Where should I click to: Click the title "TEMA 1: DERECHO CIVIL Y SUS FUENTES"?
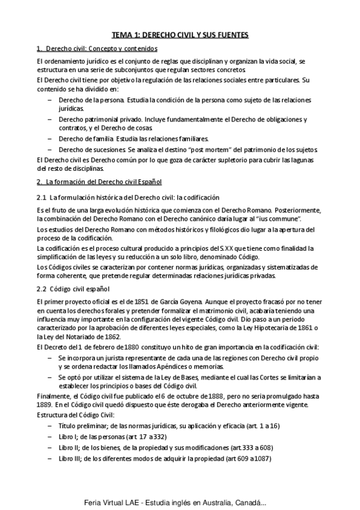pyautogui.click(x=180, y=35)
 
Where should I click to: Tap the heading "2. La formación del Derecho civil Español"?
pyautogui.click(x=99, y=181)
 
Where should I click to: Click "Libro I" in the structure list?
pyautogui.click(x=68, y=437)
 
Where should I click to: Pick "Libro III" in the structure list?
pyautogui.click(x=70, y=459)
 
